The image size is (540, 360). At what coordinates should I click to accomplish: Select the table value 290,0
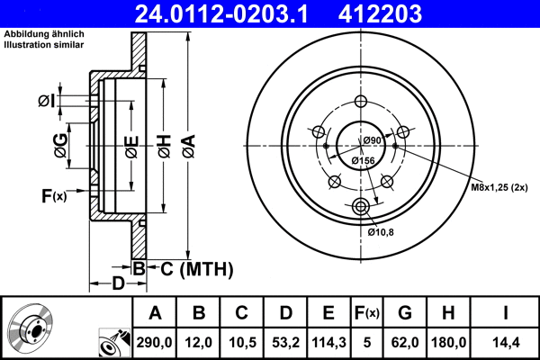coord(155,342)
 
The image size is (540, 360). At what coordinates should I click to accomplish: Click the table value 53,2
coord(284,342)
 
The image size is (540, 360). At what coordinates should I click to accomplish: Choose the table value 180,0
coord(450,342)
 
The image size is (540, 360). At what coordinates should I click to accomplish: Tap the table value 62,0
coord(405,342)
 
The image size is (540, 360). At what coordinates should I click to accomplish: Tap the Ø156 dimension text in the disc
coord(363,160)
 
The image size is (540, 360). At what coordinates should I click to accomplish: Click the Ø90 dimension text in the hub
coord(373,139)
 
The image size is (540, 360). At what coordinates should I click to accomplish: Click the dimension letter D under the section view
coord(118,284)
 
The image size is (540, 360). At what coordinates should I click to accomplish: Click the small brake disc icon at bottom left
coord(31,328)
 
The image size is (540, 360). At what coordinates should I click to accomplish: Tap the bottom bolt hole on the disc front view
coord(362,208)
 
